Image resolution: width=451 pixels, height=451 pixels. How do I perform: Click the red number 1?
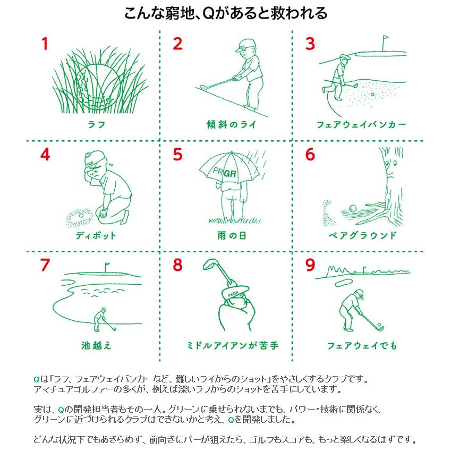(x=45, y=44)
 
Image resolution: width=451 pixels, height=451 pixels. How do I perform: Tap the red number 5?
(x=177, y=154)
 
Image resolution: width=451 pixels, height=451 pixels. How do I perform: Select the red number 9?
(x=310, y=265)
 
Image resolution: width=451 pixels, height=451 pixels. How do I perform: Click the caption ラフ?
(x=97, y=124)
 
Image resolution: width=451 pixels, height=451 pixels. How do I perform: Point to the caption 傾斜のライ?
(x=231, y=124)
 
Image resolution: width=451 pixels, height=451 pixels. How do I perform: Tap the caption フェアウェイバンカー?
(x=361, y=124)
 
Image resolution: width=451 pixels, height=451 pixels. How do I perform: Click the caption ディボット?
(x=96, y=235)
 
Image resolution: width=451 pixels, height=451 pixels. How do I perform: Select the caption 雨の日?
(x=231, y=235)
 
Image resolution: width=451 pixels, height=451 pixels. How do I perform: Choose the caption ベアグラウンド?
(x=362, y=235)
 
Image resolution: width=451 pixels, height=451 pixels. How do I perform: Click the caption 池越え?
(x=96, y=345)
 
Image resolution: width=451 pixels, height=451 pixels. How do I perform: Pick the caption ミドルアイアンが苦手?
(x=233, y=345)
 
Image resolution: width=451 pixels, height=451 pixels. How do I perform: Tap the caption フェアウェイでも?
(x=362, y=345)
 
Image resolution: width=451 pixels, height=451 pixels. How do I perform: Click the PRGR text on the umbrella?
(x=225, y=172)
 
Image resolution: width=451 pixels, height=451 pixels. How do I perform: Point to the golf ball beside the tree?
(x=353, y=208)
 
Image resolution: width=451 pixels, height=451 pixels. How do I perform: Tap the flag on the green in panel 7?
(x=107, y=264)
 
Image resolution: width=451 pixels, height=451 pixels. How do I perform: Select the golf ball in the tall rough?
(x=97, y=86)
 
